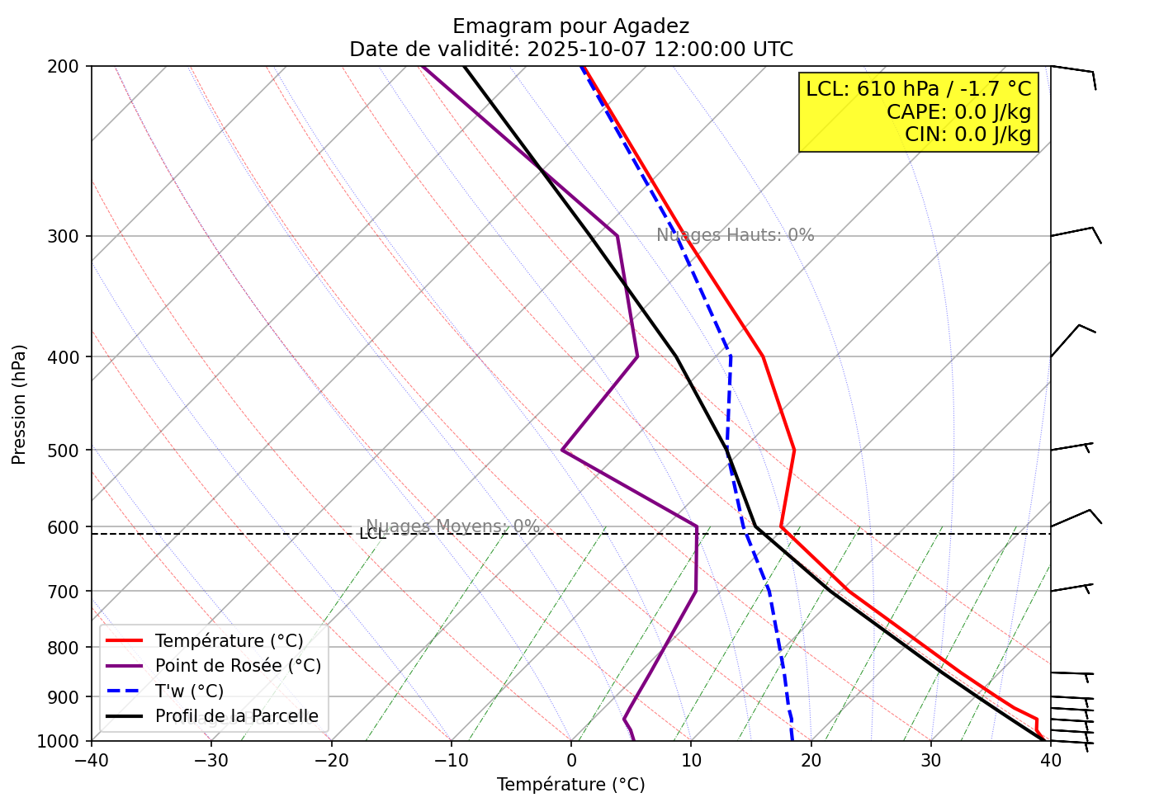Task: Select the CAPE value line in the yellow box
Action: pyautogui.click(x=958, y=112)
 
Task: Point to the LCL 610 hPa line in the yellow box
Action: pyautogui.click(x=919, y=89)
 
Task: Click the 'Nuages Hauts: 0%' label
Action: pyautogui.click(x=735, y=235)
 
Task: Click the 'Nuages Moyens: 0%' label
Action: pyautogui.click(x=452, y=526)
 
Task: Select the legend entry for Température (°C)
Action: pyautogui.click(x=229, y=641)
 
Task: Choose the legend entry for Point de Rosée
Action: pyautogui.click(x=238, y=666)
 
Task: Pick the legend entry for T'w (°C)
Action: pyautogui.click(x=189, y=691)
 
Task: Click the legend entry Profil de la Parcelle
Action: pyautogui.click(x=236, y=716)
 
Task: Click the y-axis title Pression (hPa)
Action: pyautogui.click(x=19, y=404)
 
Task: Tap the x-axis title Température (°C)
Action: pyautogui.click(x=570, y=785)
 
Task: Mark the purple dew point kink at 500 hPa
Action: pyautogui.click(x=562, y=450)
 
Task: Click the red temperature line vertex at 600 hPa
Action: pyautogui.click(x=781, y=526)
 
